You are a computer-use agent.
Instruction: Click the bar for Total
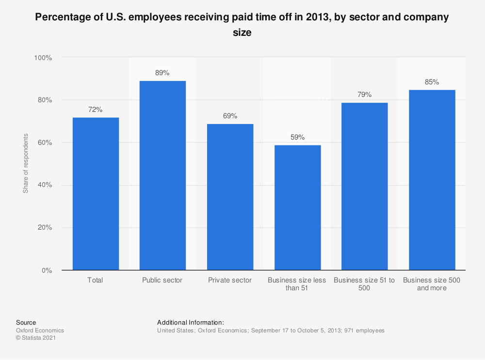[96, 194]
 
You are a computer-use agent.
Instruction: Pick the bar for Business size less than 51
[297, 208]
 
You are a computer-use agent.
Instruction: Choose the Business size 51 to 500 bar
[365, 187]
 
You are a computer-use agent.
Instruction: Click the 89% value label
[162, 73]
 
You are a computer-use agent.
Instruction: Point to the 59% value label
[297, 137]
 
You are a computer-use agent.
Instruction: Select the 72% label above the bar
[96, 110]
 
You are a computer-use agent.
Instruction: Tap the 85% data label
[432, 82]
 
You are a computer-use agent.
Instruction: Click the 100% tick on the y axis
[43, 58]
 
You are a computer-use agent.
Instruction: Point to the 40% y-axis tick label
[44, 185]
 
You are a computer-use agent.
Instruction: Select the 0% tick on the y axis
[46, 270]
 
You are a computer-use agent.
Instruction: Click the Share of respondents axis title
[26, 164]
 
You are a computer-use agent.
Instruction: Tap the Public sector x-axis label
[162, 280]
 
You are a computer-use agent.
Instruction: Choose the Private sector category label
[230, 280]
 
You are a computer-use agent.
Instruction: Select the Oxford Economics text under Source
[40, 330]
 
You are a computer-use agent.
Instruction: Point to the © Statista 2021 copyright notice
[36, 338]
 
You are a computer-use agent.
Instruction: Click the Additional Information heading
[190, 322]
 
